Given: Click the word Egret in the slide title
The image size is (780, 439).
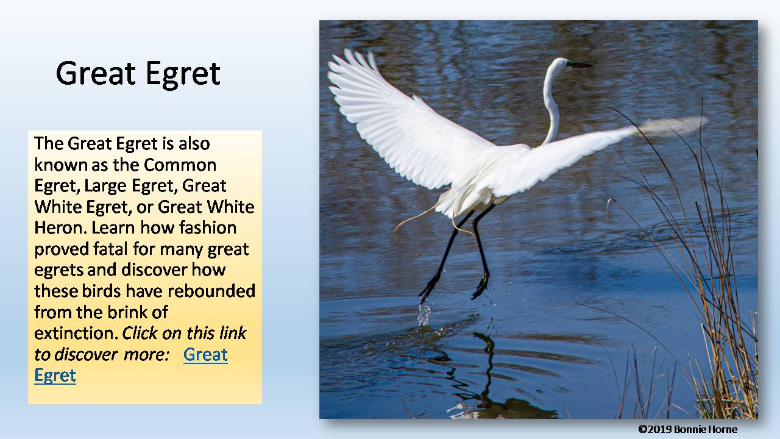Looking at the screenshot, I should pyautogui.click(x=182, y=74).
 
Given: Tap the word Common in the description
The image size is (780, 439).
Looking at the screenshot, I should pyautogui.click(x=180, y=165).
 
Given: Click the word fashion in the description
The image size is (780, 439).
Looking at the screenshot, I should pyautogui.click(x=207, y=227).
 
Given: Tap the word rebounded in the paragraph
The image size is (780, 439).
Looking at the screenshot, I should pyautogui.click(x=210, y=291).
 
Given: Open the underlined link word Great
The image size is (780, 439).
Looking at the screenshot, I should pyautogui.click(x=205, y=354).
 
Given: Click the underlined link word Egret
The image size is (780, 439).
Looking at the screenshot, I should pyautogui.click(x=55, y=375).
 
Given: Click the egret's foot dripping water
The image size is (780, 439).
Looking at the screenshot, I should pyautogui.click(x=427, y=291).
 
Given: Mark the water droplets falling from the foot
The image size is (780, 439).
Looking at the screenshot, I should pyautogui.click(x=424, y=313).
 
